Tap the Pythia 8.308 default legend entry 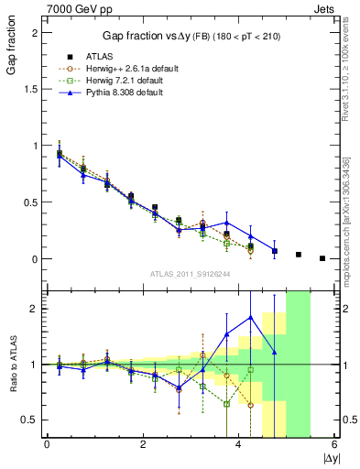point(125,93)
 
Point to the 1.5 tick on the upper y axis point(34,89)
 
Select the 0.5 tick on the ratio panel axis point(32,420)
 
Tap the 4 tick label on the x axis point(239,444)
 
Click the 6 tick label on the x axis point(335,444)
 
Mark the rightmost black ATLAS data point point(322,258)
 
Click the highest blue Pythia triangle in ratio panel point(251,317)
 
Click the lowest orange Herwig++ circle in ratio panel point(251,405)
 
